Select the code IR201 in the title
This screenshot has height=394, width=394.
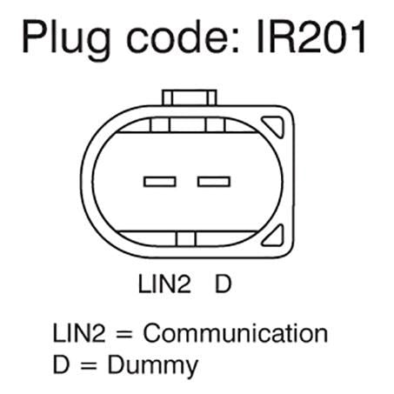tap(311, 37)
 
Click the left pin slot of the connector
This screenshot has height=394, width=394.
tap(160, 182)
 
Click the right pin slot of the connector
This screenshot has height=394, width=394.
tap(214, 182)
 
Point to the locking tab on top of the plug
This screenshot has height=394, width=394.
tap(190, 97)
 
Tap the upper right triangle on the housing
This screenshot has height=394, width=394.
tap(273, 126)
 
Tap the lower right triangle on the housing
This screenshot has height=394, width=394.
tap(273, 236)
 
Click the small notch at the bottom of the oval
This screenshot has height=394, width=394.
tap(186, 239)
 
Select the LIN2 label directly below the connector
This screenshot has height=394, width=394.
tap(164, 284)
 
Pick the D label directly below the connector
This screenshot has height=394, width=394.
tap(223, 284)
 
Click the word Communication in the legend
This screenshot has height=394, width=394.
tap(236, 333)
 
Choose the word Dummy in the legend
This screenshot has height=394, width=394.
tap(153, 365)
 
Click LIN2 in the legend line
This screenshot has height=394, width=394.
tap(79, 333)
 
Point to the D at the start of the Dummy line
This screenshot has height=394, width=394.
tap(62, 364)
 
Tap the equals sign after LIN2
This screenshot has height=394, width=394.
tap(124, 334)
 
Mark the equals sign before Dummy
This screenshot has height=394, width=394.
tap(89, 365)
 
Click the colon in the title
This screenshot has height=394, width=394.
tap(236, 41)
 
